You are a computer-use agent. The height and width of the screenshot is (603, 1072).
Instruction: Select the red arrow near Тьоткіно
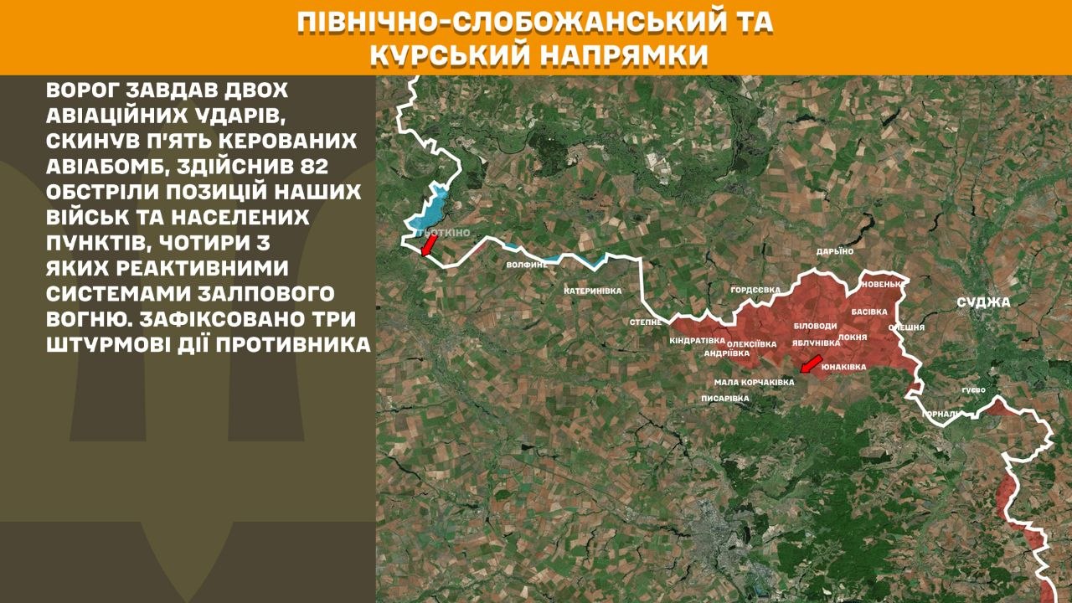coord(428,245)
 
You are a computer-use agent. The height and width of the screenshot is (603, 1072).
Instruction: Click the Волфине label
coord(527,265)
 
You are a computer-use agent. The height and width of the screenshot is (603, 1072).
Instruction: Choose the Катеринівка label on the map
coord(593,291)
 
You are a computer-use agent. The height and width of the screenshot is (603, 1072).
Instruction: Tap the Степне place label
coord(646,322)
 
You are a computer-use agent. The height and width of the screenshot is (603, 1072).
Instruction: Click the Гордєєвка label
coord(755,290)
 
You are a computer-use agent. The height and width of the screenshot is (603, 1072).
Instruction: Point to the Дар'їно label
coord(835,251)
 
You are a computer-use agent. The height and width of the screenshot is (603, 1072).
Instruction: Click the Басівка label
coord(868,311)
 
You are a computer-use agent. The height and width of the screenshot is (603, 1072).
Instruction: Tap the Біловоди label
coord(815,326)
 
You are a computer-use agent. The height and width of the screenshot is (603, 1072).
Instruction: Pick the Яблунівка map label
coord(816,343)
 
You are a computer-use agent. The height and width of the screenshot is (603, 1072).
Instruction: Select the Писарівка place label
coord(725,399)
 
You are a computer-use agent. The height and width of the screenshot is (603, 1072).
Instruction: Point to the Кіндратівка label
coord(697,341)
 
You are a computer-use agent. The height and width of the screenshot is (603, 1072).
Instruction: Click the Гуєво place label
coord(973,390)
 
